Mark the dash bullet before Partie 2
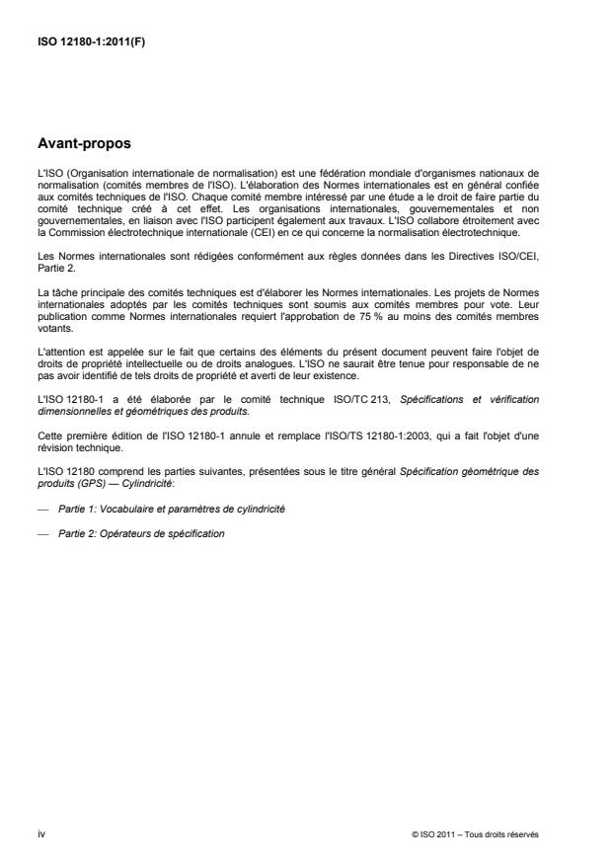pos(41,534)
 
